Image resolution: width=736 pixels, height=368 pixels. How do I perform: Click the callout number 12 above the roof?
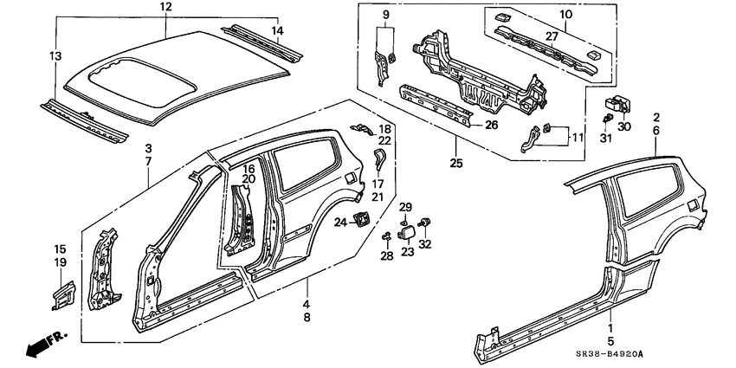(x=166, y=8)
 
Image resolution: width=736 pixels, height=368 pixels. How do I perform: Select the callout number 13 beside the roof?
(x=56, y=55)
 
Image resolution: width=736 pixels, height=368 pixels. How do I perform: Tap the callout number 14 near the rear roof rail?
(x=277, y=32)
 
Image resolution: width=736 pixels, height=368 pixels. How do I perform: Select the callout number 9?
(x=385, y=15)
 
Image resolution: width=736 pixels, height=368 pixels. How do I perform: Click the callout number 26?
(x=490, y=125)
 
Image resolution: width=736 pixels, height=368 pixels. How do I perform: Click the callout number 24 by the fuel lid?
(x=340, y=223)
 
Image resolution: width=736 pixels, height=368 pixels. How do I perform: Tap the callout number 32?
(x=425, y=245)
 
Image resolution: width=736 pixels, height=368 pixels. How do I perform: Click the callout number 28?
(x=386, y=256)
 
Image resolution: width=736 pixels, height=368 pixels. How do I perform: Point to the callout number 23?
(x=407, y=252)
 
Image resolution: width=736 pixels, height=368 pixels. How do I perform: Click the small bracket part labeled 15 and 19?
(x=63, y=292)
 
